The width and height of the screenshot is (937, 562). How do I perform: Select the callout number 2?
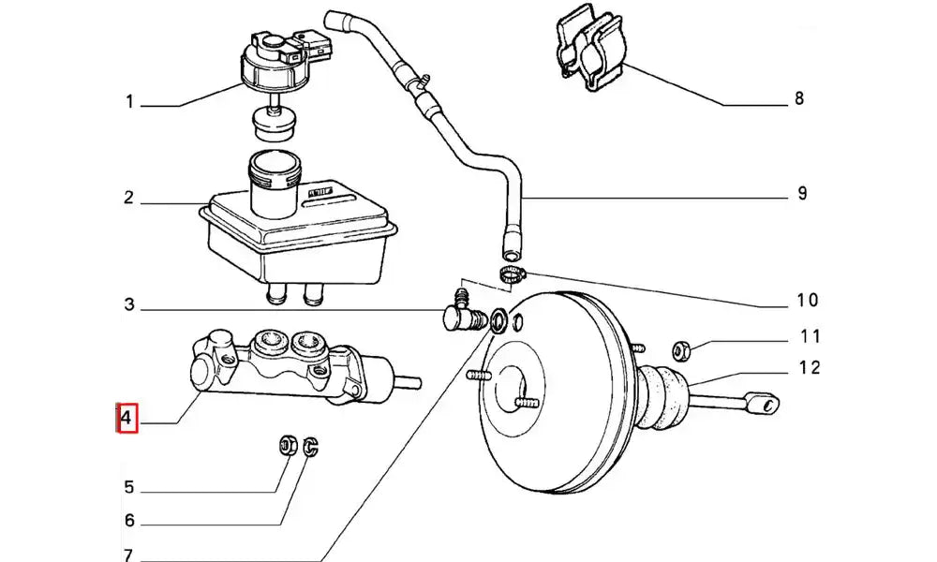(x=130, y=199)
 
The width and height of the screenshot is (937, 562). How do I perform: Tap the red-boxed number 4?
(x=128, y=417)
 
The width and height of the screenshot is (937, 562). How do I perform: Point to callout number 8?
(x=798, y=97)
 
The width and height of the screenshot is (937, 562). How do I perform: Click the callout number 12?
(x=810, y=367)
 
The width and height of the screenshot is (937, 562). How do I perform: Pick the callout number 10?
(x=807, y=300)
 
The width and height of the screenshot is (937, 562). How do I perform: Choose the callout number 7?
(x=129, y=555)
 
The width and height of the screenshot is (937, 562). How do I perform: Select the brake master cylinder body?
(x=281, y=365)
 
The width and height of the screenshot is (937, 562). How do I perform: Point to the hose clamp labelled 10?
(x=512, y=274)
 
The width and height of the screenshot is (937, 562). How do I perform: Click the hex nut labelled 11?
(x=682, y=350)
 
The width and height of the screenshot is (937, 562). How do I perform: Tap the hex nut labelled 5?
(x=290, y=444)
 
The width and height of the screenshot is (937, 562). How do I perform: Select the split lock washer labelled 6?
(x=313, y=446)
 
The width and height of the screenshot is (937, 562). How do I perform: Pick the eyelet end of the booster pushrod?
(x=766, y=404)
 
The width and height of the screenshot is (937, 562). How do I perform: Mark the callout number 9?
(x=801, y=195)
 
